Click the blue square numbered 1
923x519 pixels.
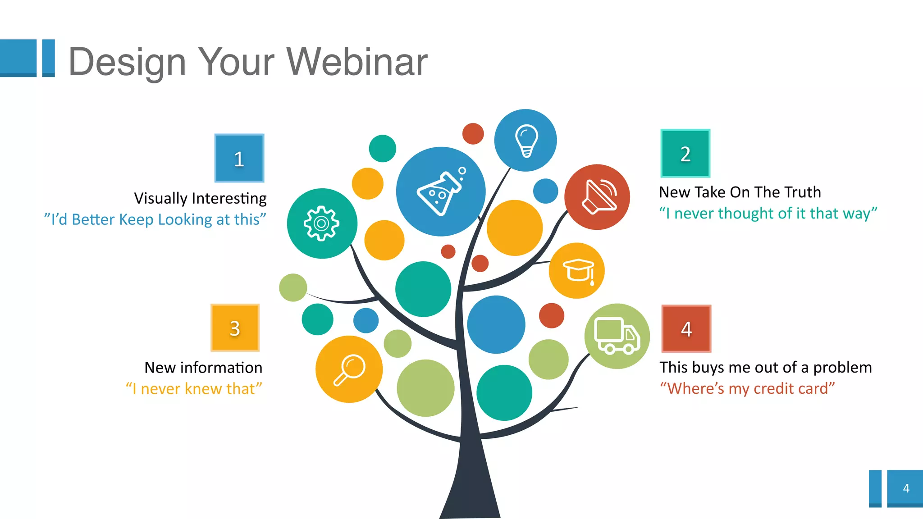coord(239,158)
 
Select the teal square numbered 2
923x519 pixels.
coord(685,154)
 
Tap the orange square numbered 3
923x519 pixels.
coord(235,328)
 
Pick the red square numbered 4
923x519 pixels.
coord(686,329)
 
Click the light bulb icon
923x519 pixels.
coord(526,141)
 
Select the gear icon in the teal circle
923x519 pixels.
coord(321,223)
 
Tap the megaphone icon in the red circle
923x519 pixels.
coord(599,197)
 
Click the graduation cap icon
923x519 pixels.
coord(578,271)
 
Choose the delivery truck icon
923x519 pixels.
coord(617,336)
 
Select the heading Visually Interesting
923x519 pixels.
coord(200,198)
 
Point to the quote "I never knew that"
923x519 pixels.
coord(194,388)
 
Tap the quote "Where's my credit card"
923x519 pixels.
coord(747,388)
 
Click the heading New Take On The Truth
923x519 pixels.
coord(740,192)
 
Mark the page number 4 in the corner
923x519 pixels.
coord(906,488)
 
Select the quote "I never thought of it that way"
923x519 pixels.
coord(768,214)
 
